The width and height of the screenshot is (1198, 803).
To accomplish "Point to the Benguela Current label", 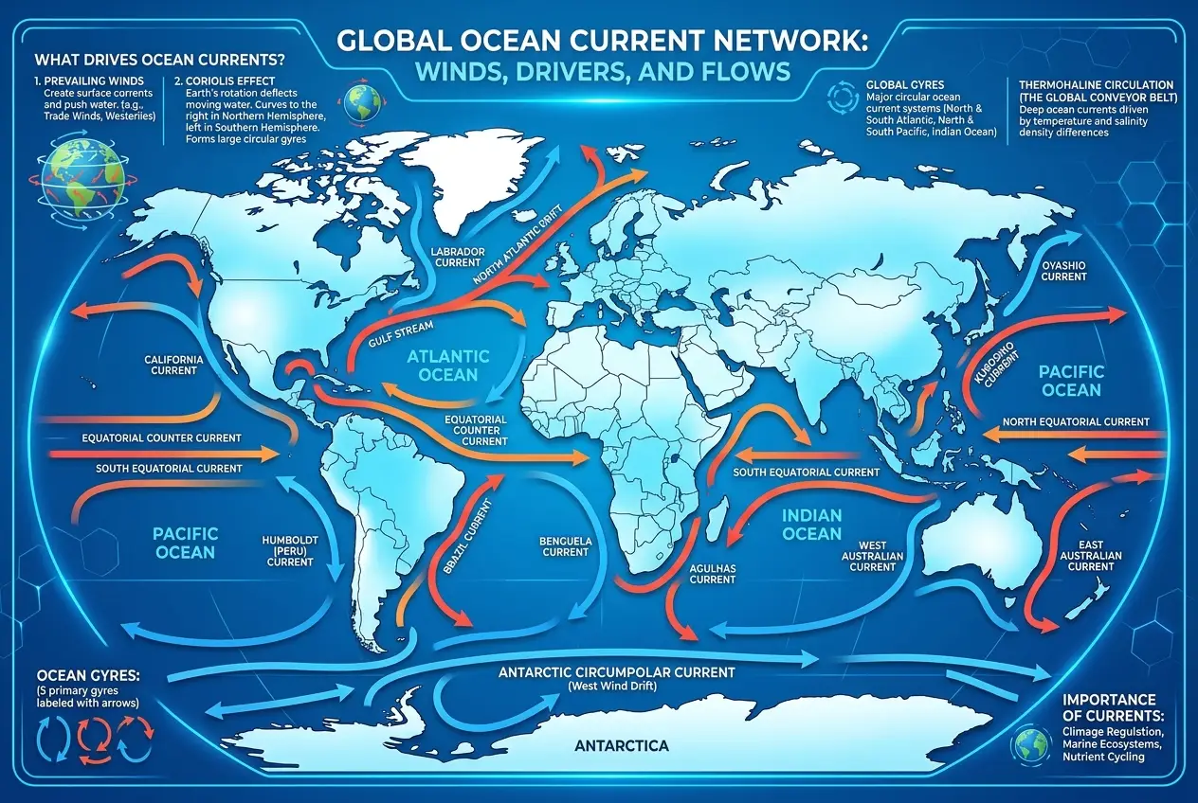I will [565, 545].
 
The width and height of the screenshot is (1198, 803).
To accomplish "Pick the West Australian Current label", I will [872, 556].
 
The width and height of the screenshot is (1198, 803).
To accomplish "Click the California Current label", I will [173, 365].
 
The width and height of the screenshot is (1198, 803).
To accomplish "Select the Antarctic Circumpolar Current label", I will [616, 672].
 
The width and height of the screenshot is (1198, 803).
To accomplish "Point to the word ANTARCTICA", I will [621, 746].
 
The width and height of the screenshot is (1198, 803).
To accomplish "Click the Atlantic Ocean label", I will [449, 366].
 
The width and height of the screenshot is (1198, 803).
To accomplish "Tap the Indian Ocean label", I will [813, 525].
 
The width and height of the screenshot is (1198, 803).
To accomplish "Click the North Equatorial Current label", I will [1076, 421].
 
